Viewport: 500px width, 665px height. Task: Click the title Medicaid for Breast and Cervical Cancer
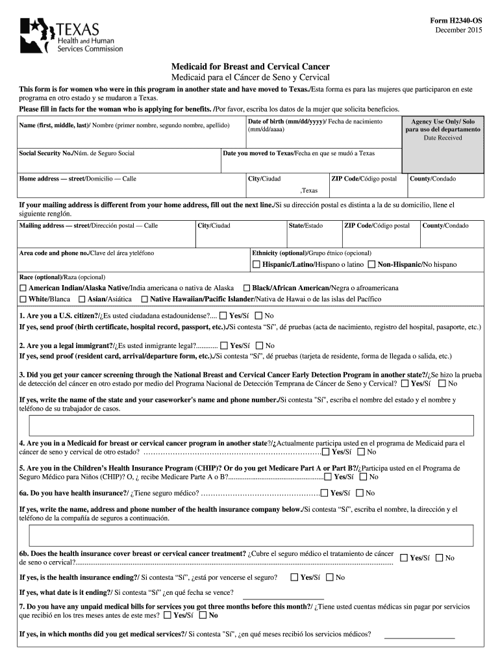250,67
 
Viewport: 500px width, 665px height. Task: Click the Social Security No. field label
77,153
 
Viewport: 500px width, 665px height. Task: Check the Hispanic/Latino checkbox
256,264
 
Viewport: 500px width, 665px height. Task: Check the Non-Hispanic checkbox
371,264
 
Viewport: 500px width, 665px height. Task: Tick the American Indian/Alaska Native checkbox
23,288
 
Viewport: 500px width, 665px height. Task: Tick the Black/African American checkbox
247,288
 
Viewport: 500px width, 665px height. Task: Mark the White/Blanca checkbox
23,299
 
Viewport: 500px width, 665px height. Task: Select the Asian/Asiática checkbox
82,299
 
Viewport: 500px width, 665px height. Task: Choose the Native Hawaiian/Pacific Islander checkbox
144,299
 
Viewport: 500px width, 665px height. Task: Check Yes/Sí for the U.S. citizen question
223,315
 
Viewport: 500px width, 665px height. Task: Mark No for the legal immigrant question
259,346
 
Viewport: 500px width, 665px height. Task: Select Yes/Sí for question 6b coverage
403,557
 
